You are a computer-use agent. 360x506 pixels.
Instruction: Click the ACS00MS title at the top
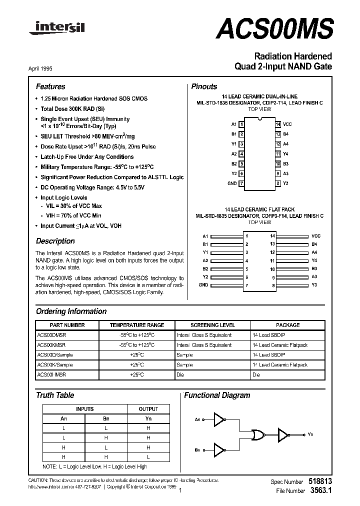pyautogui.click(x=273, y=29)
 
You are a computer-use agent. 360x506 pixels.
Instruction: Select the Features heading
pyautogui.click(x=50, y=86)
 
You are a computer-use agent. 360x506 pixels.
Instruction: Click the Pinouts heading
pyautogui.click(x=204, y=86)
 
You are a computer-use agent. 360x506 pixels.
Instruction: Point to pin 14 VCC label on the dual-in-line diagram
pyautogui.click(x=287, y=124)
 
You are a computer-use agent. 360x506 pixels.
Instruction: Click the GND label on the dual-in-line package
pyautogui.click(x=232, y=183)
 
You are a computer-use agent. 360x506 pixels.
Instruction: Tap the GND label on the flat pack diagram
pyautogui.click(x=203, y=284)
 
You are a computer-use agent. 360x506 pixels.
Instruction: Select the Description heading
pyautogui.click(x=55, y=241)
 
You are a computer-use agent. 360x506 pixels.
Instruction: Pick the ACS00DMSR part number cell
pyautogui.click(x=51, y=335)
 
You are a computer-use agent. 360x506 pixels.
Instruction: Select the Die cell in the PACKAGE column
pyautogui.click(x=256, y=374)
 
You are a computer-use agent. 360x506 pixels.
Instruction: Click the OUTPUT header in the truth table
pyautogui.click(x=148, y=409)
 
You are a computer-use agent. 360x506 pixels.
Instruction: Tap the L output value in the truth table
pyautogui.click(x=148, y=457)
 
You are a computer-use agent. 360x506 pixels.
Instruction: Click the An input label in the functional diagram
pyautogui.click(x=197, y=419)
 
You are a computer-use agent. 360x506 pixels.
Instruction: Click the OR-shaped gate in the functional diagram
pyautogui.click(x=259, y=435)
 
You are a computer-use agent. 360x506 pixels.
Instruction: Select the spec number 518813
pyautogui.click(x=321, y=481)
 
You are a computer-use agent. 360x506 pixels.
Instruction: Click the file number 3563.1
pyautogui.click(x=321, y=491)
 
